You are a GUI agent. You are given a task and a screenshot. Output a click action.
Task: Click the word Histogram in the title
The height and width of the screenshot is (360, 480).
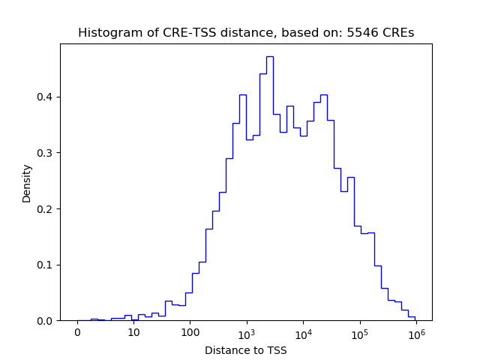106,33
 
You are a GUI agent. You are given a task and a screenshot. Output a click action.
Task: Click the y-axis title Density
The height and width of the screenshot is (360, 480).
27,183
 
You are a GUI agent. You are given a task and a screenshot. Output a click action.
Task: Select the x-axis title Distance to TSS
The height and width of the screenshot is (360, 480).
245,350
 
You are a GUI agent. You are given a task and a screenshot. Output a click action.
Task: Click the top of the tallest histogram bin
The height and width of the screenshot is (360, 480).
269,56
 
